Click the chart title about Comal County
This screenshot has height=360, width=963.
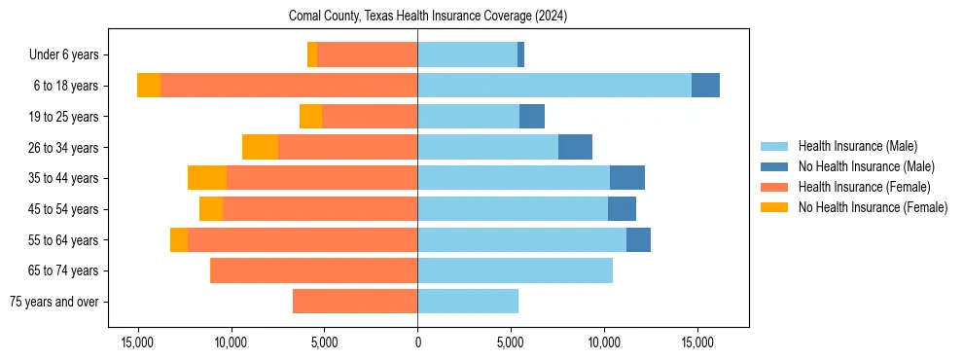tap(428, 17)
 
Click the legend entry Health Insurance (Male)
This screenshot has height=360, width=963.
tap(857, 146)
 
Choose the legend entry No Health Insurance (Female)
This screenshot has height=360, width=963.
tap(873, 207)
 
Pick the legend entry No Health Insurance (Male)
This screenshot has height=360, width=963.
tap(866, 166)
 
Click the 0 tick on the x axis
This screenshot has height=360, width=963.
tap(417, 342)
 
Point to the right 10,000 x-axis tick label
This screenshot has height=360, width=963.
tap(604, 342)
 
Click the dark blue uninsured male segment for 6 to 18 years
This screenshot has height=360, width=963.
tap(705, 86)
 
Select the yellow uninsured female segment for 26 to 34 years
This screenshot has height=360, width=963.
tap(260, 147)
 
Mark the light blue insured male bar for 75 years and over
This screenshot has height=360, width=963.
tap(468, 302)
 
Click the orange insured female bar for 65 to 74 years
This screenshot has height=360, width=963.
tap(313, 270)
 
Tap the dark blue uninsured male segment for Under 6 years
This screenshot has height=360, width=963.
tap(520, 54)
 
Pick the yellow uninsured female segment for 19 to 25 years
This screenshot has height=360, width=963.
tap(310, 117)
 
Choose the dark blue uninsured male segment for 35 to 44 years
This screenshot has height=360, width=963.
tap(627, 178)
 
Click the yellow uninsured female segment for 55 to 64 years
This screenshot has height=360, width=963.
tap(179, 239)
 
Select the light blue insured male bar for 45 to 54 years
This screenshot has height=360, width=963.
tap(513, 209)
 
